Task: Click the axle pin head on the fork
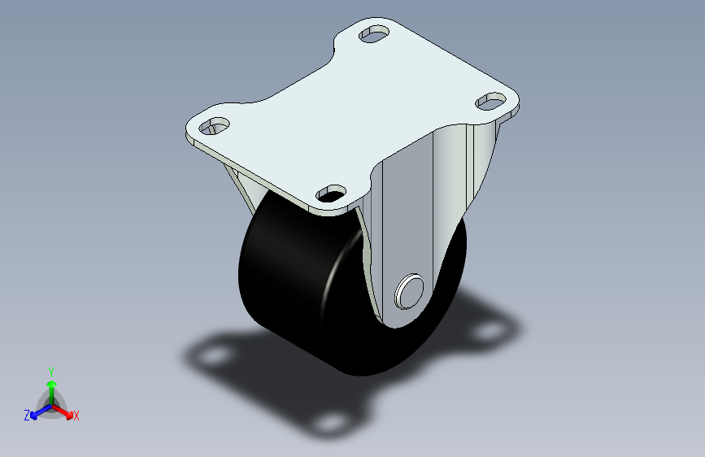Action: coord(409,290)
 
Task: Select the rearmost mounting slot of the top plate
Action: coord(375,35)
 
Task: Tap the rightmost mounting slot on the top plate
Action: coord(490,102)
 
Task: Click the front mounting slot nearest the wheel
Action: coord(330,193)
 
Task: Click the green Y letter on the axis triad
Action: coord(50,371)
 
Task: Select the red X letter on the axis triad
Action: coord(76,416)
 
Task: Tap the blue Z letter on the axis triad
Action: coord(26,415)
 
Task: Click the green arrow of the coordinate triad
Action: coord(50,387)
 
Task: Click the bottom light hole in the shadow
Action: coord(329,423)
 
